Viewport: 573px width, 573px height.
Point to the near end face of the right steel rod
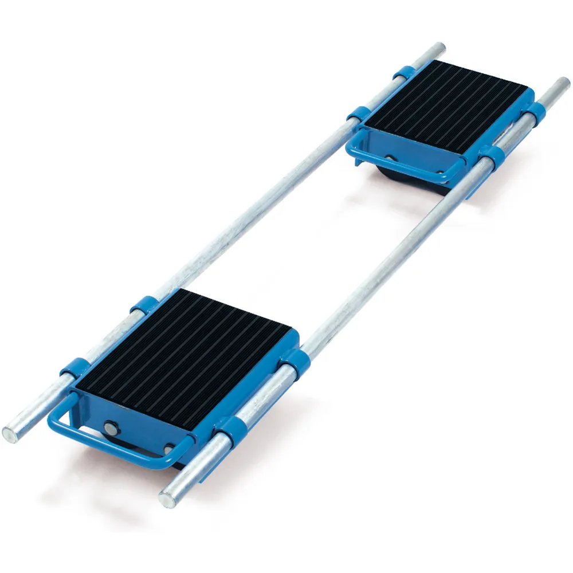(x=168, y=499)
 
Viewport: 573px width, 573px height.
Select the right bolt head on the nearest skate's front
(x=170, y=450)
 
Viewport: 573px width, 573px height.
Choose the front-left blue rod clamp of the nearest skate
(x=73, y=370)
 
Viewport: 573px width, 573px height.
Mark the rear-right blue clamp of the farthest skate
(x=536, y=110)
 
